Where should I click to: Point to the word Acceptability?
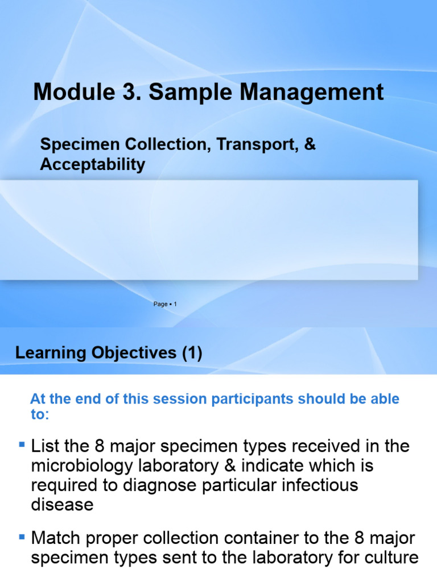92,165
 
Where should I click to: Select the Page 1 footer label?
166,305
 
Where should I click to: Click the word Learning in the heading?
47,353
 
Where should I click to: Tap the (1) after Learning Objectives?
192,353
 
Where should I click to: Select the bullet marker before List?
22,443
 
